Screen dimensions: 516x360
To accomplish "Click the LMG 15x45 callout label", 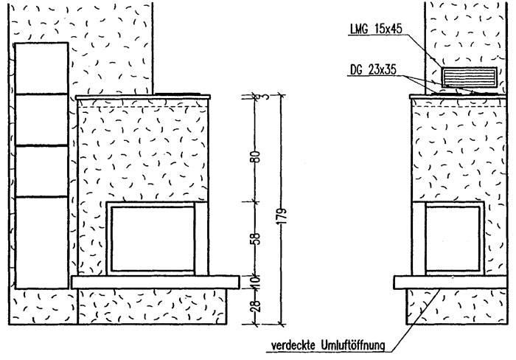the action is point(376,29).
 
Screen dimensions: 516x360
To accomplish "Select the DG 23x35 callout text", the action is point(373,70).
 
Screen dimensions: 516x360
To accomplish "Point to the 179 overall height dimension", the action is point(282,216).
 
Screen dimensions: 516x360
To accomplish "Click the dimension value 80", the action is point(257,156).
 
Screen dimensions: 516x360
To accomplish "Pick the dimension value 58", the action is point(257,238).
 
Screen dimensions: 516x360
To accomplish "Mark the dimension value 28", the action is point(257,306).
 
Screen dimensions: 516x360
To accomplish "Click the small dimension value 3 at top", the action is point(257,96).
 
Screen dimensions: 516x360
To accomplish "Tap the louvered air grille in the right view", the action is point(469,77).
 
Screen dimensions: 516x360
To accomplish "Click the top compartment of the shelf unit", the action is point(42,68).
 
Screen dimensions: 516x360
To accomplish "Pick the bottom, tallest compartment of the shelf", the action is point(42,243).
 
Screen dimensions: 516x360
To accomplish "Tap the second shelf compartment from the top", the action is point(42,120).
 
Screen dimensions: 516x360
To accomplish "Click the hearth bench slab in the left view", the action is point(156,283).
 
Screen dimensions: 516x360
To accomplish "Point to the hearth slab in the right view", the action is point(450,283).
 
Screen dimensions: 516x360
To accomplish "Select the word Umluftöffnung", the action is point(353,346).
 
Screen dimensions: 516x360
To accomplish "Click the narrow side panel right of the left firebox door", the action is point(201,238).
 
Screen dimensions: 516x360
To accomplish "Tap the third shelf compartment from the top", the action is point(42,171).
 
